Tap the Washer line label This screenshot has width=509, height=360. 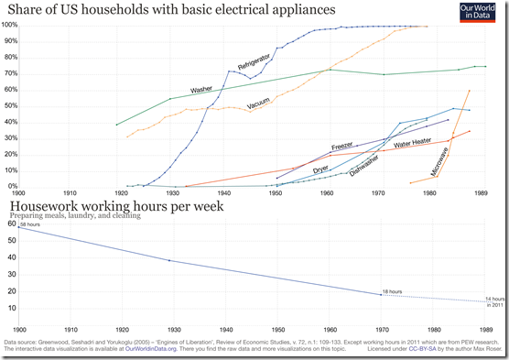click(201, 90)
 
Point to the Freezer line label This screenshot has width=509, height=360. click(342, 145)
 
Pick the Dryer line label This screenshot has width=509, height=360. click(322, 169)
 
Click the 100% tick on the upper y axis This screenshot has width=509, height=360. click(10, 25)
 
